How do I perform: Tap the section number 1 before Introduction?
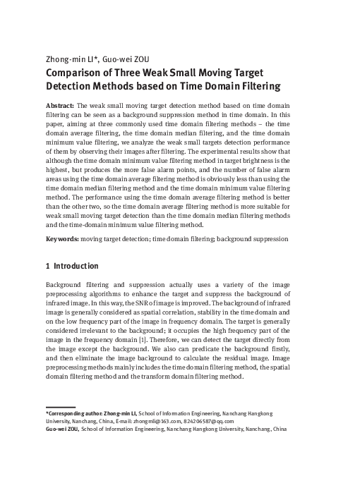tap(48, 267)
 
